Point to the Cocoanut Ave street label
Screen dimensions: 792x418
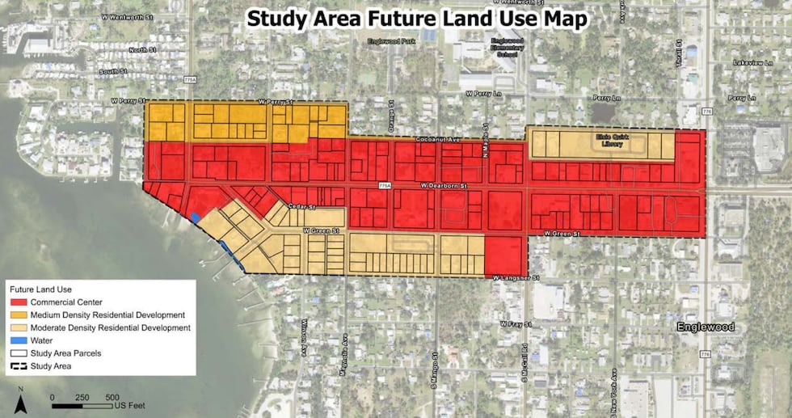(439, 139)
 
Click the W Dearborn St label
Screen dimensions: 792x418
(444, 187)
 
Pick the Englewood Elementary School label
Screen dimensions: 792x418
(508, 49)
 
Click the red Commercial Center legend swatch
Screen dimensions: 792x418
(19, 302)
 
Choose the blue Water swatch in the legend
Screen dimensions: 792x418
(19, 340)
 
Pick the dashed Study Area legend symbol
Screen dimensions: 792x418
(19, 366)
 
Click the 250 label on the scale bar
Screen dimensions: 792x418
(82, 397)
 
